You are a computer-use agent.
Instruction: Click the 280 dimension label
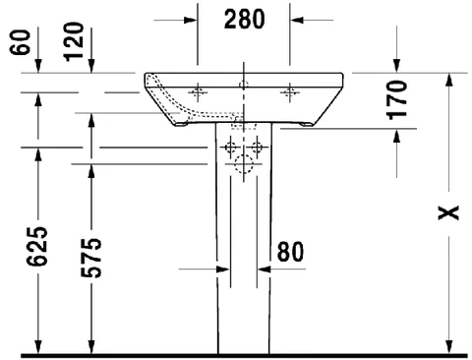(244, 20)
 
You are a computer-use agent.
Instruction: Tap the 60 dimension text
(20, 42)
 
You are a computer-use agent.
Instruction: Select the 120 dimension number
(74, 41)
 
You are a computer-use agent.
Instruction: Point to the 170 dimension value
(396, 100)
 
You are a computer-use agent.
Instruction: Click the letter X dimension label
(448, 212)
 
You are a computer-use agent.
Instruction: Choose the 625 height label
(37, 246)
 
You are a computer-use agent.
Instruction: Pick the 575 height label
(91, 258)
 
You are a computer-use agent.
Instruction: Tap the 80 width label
(290, 252)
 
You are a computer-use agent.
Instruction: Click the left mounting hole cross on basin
(198, 92)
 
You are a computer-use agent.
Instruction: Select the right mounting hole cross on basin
(290, 92)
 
